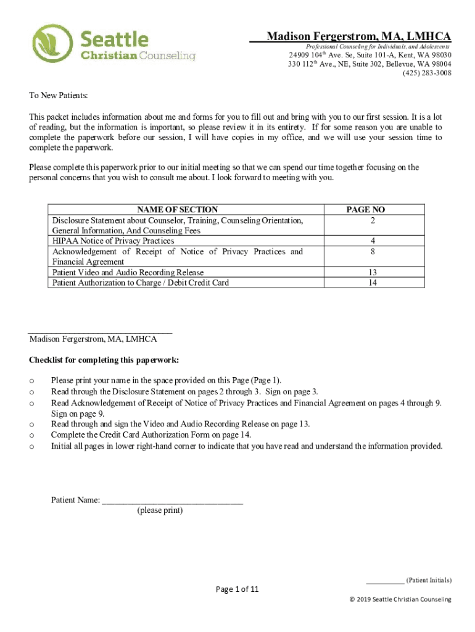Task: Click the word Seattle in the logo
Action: tap(115, 40)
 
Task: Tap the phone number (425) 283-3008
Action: tap(426, 73)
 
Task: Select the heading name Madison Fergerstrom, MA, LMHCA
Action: tap(358, 37)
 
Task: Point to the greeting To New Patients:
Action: tap(59, 96)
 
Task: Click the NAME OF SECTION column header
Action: tap(177, 210)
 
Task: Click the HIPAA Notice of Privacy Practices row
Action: tap(113, 241)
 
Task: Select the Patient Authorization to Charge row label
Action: tap(140, 283)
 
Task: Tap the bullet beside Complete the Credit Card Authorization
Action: tap(31, 434)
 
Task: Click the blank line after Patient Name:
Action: tap(172, 501)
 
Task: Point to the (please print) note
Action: tap(160, 510)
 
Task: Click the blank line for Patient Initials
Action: tap(385, 581)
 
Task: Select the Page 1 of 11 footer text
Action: tap(237, 589)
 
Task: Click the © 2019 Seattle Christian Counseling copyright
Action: tap(400, 599)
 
